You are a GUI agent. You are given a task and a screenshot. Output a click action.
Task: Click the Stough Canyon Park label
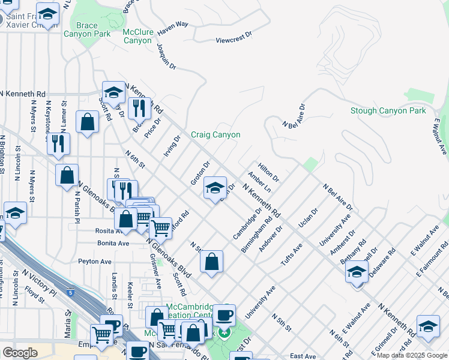388,110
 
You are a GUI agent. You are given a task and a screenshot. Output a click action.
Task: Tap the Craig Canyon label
215,135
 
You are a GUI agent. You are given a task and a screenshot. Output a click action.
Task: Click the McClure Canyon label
137,36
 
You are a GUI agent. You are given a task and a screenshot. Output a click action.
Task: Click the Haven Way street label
173,26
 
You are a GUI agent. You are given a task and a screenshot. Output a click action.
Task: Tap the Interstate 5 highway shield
71,293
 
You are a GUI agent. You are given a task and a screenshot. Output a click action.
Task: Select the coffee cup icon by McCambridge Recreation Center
224,314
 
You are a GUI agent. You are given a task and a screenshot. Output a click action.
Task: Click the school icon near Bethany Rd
357,273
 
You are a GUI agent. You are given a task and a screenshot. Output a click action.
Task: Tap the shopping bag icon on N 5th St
211,262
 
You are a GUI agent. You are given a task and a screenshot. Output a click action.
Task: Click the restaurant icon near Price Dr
138,109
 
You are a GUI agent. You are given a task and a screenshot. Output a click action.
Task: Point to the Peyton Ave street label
95,262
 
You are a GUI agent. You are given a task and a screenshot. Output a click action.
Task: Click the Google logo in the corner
20,353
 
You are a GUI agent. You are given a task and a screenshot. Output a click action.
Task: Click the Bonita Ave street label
113,243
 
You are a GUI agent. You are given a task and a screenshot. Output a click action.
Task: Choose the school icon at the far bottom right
427,326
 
